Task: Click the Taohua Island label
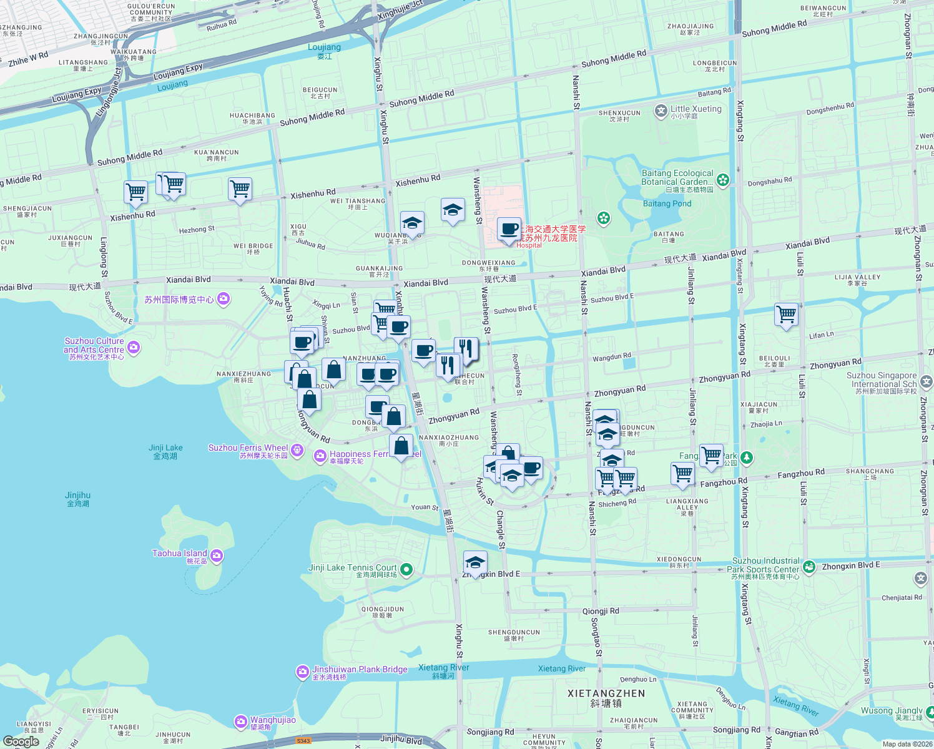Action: (x=180, y=554)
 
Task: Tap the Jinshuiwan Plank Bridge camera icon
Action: (x=303, y=672)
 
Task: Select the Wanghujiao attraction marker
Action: (x=241, y=722)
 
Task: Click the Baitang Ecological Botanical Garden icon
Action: (x=723, y=180)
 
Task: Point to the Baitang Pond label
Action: (x=667, y=203)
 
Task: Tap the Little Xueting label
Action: (x=696, y=109)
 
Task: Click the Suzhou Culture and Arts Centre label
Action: (x=94, y=346)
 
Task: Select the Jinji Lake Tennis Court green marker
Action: (x=406, y=569)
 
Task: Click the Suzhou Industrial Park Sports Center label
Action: (x=765, y=565)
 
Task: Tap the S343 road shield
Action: (x=303, y=741)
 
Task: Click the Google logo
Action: (x=21, y=742)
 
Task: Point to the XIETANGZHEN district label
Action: (x=606, y=693)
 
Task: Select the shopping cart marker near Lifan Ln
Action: (x=786, y=315)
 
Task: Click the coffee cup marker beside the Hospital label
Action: (x=509, y=229)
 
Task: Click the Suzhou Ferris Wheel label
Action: (x=248, y=448)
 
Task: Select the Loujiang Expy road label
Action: (x=178, y=72)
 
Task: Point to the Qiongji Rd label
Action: (x=601, y=611)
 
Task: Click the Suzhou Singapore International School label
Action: (x=882, y=379)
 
